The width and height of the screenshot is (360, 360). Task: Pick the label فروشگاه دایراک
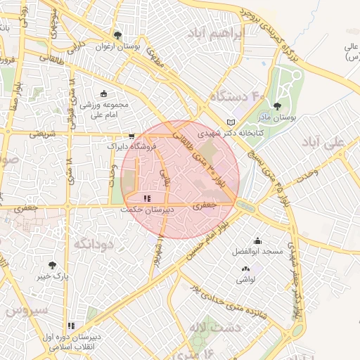[x=129, y=148]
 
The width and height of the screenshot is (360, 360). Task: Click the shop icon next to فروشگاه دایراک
[x=131, y=137]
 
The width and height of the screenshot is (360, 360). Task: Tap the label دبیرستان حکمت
[x=142, y=210]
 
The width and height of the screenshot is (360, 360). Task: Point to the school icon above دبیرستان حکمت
[x=146, y=199]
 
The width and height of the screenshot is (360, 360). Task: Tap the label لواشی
[x=245, y=279]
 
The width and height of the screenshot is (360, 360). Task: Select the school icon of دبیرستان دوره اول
[x=71, y=326]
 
